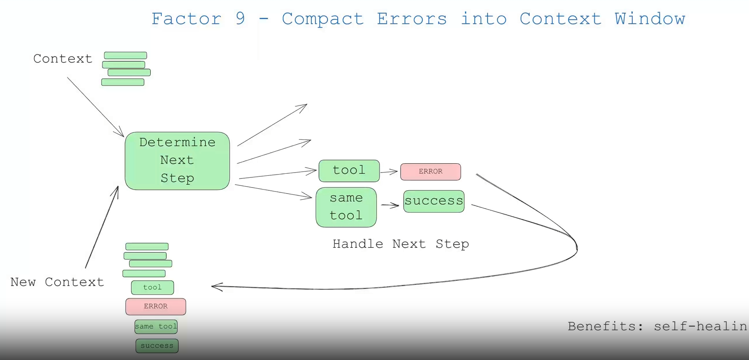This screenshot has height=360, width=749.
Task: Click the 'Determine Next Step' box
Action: [x=177, y=161]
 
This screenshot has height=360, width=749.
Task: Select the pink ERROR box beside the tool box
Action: [x=430, y=172]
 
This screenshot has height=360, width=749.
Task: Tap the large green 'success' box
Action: [x=434, y=201]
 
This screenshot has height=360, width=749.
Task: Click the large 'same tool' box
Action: [x=346, y=207]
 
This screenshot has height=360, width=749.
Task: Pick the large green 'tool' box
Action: [x=349, y=171]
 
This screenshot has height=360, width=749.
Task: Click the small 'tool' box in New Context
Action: [x=153, y=287]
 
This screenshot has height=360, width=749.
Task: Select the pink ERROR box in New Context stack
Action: [x=156, y=307]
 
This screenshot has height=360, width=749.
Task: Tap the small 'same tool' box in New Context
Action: [x=156, y=326]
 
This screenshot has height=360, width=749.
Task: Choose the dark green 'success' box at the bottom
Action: [x=157, y=346]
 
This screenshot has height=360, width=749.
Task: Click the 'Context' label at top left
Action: [x=63, y=59]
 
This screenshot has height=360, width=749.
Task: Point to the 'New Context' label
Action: [x=57, y=282]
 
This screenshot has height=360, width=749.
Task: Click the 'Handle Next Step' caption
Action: [x=401, y=244]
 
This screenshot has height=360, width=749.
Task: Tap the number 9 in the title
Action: [x=241, y=19]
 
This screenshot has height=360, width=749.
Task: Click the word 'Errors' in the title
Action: [x=412, y=19]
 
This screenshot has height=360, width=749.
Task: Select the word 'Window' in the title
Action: [x=650, y=19]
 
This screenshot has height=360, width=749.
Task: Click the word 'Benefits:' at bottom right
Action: [x=605, y=326]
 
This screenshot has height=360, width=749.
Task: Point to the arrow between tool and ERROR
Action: [x=389, y=172]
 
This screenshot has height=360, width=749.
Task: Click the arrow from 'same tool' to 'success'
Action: [x=390, y=206]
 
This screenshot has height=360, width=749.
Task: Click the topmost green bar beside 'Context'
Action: [x=126, y=55]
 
